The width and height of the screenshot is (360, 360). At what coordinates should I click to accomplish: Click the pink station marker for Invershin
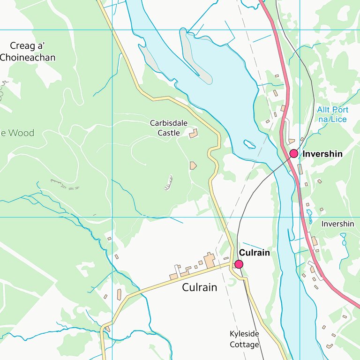pyautogui.click(x=294, y=154)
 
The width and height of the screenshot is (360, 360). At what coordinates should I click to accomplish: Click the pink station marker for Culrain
pyautogui.click(x=239, y=264)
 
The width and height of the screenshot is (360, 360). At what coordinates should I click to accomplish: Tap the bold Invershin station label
pyautogui.click(x=322, y=154)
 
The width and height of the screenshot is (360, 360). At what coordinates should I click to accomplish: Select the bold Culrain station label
pyautogui.click(x=255, y=253)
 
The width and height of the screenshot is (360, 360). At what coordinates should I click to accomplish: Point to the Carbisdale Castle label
pyautogui.click(x=168, y=128)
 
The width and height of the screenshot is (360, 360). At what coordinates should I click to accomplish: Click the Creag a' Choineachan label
pyautogui.click(x=28, y=52)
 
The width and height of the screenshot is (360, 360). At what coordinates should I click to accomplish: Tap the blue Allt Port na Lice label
pyautogui.click(x=332, y=114)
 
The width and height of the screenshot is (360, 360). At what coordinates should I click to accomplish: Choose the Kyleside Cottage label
pyautogui.click(x=244, y=339)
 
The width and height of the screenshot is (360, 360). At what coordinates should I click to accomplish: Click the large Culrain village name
pyautogui.click(x=200, y=287)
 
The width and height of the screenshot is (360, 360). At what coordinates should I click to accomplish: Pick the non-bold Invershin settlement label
pyautogui.click(x=337, y=224)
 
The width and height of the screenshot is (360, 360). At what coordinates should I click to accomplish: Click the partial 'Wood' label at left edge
pyautogui.click(x=17, y=133)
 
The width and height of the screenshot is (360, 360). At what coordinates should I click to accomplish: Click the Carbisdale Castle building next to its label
pyautogui.click(x=193, y=135)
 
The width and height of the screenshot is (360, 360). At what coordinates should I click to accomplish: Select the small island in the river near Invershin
pyautogui.click(x=249, y=144)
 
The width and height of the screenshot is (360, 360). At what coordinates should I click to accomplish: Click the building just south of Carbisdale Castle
pyautogui.click(x=193, y=165)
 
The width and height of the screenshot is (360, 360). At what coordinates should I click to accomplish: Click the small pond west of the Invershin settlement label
pyautogui.click(x=309, y=216)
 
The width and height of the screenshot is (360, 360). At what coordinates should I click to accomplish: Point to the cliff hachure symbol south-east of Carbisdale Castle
pyautogui.click(x=168, y=183)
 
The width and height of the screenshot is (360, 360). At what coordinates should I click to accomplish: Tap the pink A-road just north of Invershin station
pyautogui.click(x=286, y=131)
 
